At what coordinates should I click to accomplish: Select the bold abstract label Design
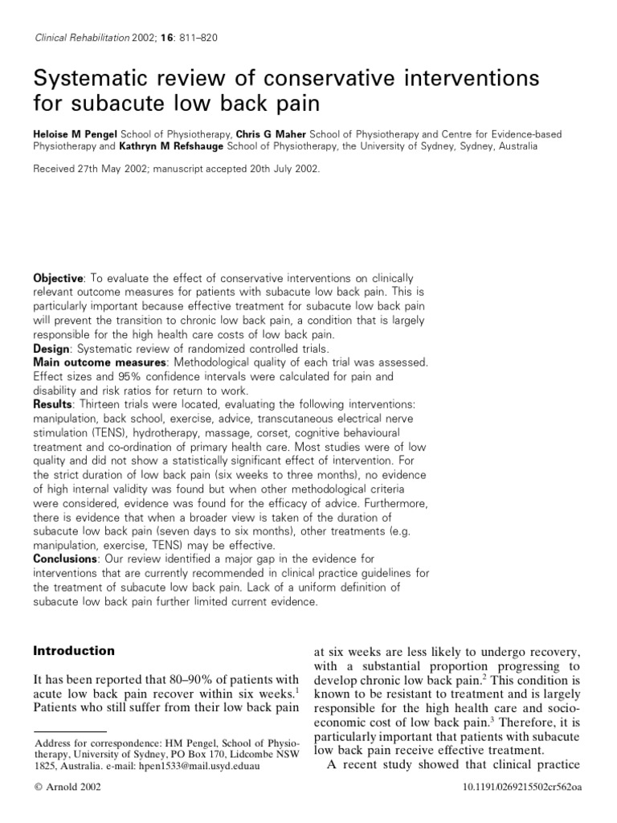[51, 350]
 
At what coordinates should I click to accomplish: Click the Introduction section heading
[74, 651]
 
